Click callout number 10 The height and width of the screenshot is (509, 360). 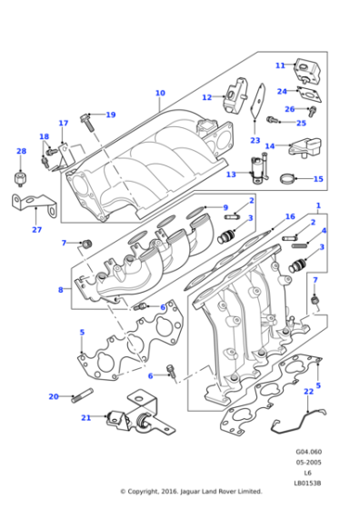point(160,93)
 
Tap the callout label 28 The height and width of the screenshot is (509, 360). point(21,152)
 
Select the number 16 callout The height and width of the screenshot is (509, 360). point(290,216)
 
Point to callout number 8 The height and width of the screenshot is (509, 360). point(62,290)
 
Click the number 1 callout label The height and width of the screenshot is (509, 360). point(318,205)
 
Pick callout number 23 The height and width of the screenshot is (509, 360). point(255,141)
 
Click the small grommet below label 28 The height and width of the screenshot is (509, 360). point(21,174)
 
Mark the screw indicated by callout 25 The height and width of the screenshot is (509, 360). point(274,119)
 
